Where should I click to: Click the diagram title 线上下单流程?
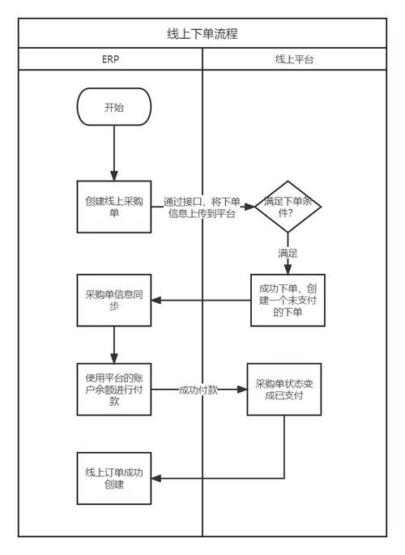[202, 34]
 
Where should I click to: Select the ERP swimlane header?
[110, 59]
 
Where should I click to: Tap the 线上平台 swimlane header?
[294, 59]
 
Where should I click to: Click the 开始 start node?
[114, 108]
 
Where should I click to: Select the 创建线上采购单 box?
[114, 207]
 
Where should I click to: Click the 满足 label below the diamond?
[288, 253]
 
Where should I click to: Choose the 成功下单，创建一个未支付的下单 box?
[288, 301]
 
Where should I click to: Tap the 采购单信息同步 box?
[114, 301]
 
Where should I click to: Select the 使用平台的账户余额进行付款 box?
[114, 390]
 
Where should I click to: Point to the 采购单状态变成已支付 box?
[283, 390]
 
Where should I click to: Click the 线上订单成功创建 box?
[114, 479]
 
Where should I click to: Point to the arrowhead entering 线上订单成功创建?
[159, 479]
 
